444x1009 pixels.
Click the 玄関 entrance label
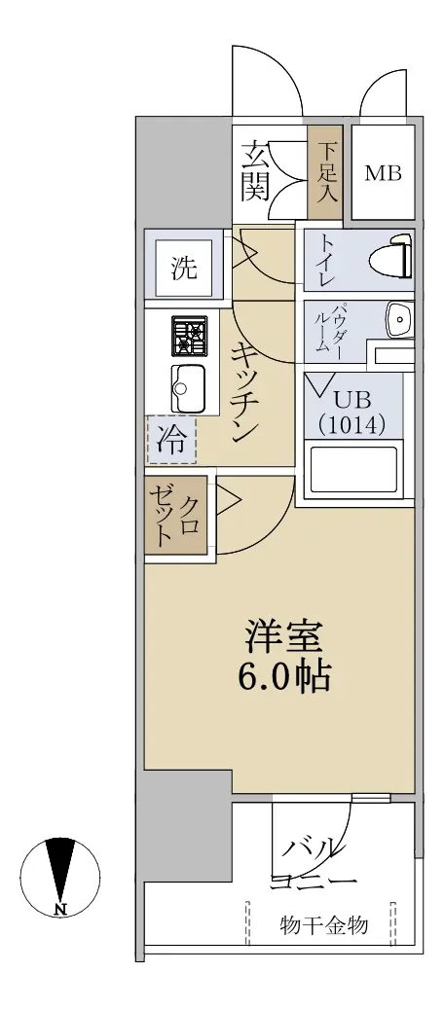click(255, 171)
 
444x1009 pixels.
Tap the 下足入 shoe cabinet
click(327, 173)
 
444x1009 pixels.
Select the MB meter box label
click(384, 173)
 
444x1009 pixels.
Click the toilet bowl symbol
click(389, 260)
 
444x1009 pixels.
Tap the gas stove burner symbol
click(189, 336)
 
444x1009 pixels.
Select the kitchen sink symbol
click(188, 388)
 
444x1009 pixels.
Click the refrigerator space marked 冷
click(171, 440)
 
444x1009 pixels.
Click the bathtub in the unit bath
click(353, 470)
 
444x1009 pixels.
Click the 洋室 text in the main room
click(282, 639)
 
